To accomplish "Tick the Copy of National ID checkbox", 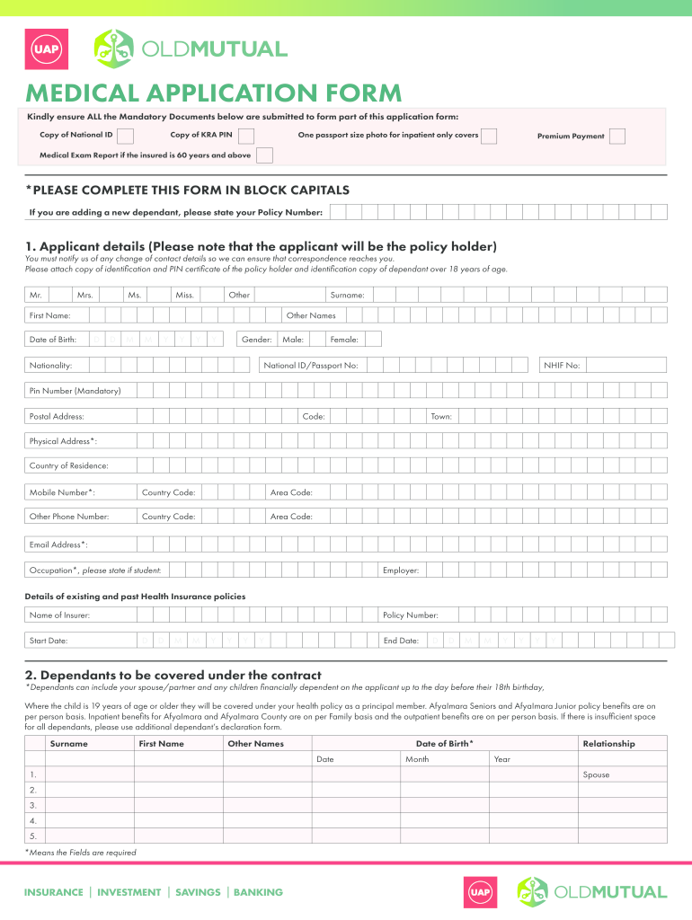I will pos(126,136).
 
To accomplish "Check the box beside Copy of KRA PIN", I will pos(245,136).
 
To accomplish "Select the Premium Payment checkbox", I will pos(617,136).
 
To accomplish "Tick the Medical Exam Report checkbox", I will pos(264,155).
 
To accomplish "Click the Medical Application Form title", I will pos(214,93).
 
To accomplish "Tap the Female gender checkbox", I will pos(372,340).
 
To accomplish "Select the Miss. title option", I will pos(211,295).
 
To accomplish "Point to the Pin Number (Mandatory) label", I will pos(75,391).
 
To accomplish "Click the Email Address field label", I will pos(58,544).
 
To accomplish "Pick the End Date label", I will pos(401,641).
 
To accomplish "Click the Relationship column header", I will pos(608,744).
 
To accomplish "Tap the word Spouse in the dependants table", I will pos(596,774).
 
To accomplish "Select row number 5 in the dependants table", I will pos(33,836).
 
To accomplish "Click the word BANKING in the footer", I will pos(258,892).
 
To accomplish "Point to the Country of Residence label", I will pos(69,465).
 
